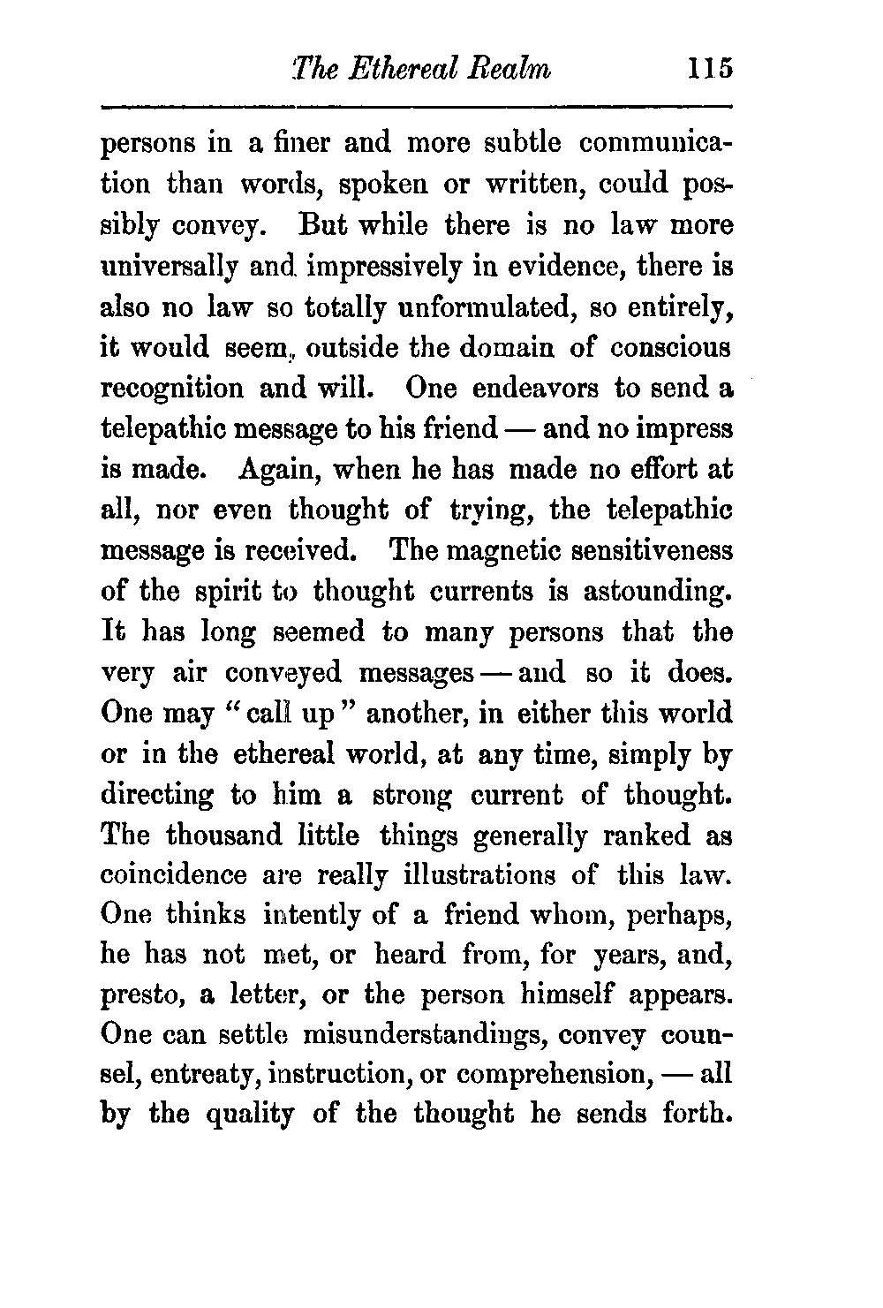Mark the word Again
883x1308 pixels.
pyautogui.click(x=276, y=470)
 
